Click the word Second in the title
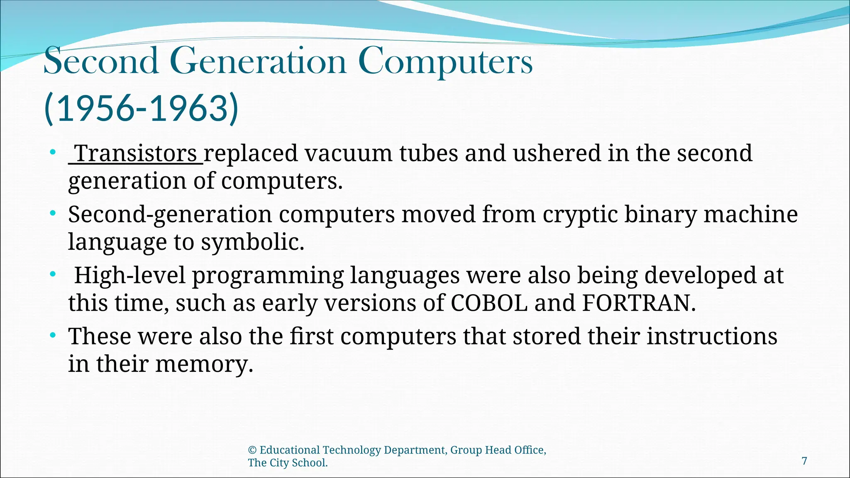tap(101, 61)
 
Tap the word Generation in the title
tap(258, 61)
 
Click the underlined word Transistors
tap(136, 153)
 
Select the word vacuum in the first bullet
tap(348, 153)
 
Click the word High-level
tap(129, 276)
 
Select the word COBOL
tap(489, 303)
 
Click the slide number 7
tap(804, 461)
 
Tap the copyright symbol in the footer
tap(252, 450)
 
